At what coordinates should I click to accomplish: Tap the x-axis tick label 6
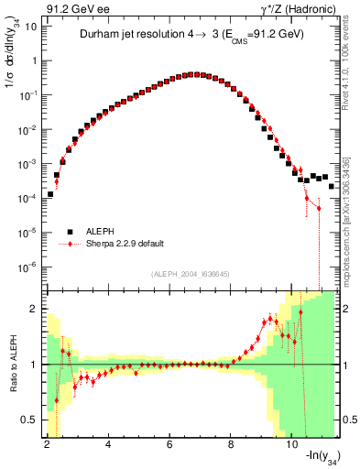[170, 444]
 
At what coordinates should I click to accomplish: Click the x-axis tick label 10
[292, 444]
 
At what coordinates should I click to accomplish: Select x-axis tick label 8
[232, 444]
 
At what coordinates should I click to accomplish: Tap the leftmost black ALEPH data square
[50, 194]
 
